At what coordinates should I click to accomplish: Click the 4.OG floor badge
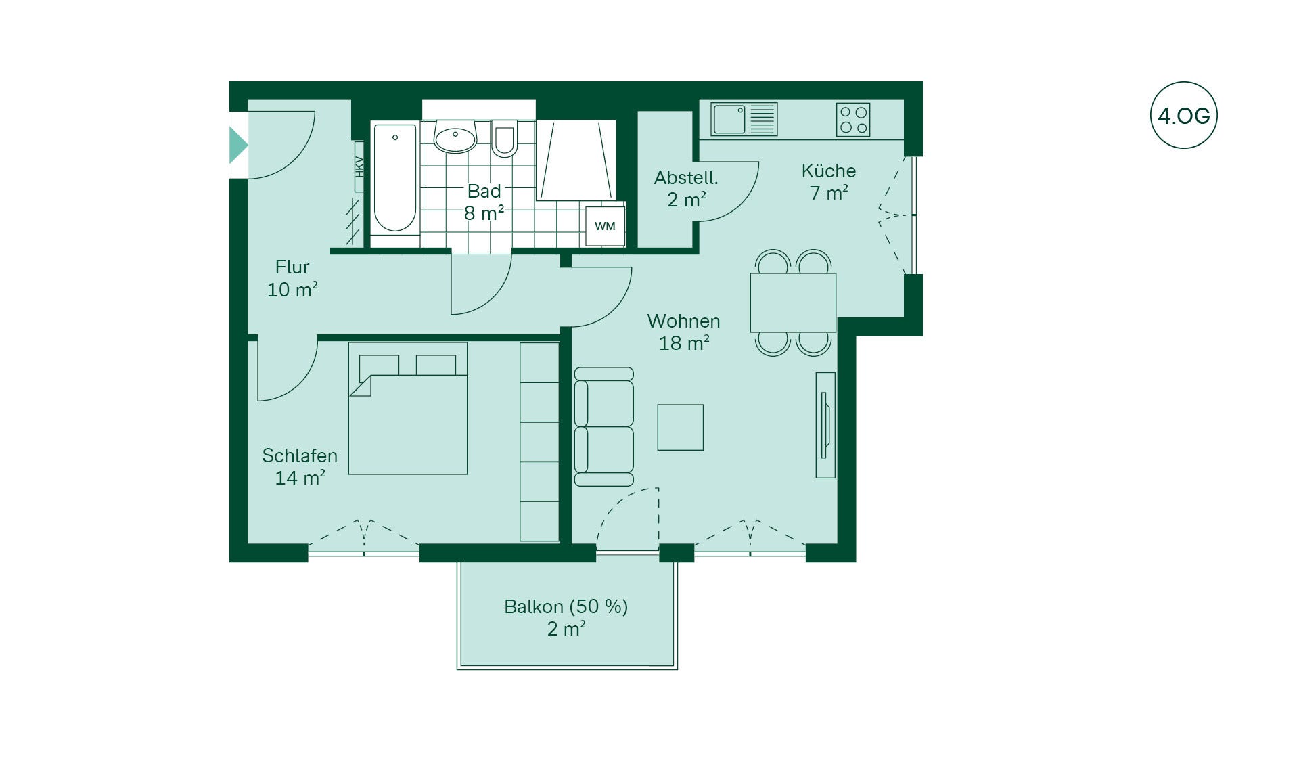click(1183, 115)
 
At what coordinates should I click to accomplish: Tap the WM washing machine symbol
click(605, 226)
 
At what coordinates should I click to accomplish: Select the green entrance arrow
click(238, 145)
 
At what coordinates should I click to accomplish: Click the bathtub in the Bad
click(395, 177)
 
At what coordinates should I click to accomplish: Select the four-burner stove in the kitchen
click(853, 120)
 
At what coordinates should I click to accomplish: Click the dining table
click(793, 303)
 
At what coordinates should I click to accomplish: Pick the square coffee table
click(681, 428)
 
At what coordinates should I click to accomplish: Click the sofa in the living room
click(603, 426)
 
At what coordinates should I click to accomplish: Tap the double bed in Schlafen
click(408, 408)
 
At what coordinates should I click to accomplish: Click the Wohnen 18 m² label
click(684, 332)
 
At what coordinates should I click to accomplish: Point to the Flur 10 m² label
click(292, 278)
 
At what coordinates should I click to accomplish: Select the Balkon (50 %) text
click(566, 606)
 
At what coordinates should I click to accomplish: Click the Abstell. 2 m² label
click(686, 189)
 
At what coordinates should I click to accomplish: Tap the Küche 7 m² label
click(829, 181)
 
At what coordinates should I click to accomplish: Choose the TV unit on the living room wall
click(825, 425)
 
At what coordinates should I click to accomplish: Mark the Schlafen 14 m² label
click(300, 466)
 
